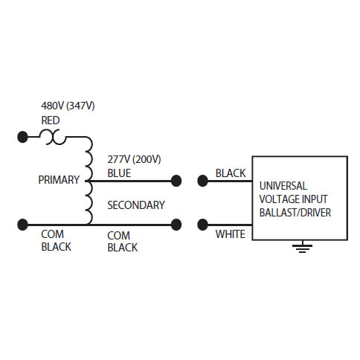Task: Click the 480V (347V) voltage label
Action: (68, 106)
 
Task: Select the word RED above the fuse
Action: (51, 120)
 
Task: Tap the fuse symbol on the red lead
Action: (53, 137)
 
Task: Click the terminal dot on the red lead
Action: (23, 137)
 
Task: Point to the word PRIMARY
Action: (59, 180)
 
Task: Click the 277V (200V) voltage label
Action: (134, 159)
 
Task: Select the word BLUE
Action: (119, 173)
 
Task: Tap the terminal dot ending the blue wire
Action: (176, 181)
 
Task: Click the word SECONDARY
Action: (136, 205)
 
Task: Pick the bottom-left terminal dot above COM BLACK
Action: (23, 225)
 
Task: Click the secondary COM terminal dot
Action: (176, 225)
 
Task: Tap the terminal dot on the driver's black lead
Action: (202, 181)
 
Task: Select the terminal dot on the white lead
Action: (202, 225)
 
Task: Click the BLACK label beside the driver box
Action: (231, 173)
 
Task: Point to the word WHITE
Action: (231, 234)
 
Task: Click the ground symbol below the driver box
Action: (302, 247)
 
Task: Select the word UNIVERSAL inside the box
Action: (283, 186)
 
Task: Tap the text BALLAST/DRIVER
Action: (295, 213)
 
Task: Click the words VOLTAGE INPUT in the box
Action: (293, 199)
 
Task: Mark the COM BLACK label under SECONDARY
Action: (123, 242)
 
